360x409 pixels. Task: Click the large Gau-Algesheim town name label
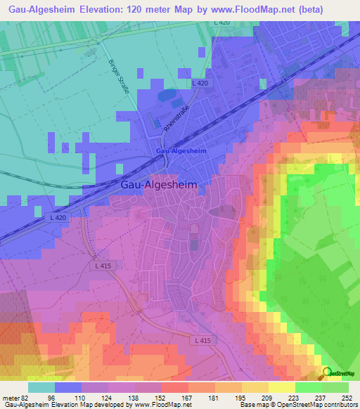click(159, 184)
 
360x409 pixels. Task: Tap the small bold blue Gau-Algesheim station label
click(181, 151)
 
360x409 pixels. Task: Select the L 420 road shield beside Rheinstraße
click(200, 84)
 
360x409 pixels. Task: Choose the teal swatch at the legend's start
click(41, 387)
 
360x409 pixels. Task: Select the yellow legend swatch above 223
click(281, 387)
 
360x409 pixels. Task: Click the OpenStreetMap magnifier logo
click(328, 374)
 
